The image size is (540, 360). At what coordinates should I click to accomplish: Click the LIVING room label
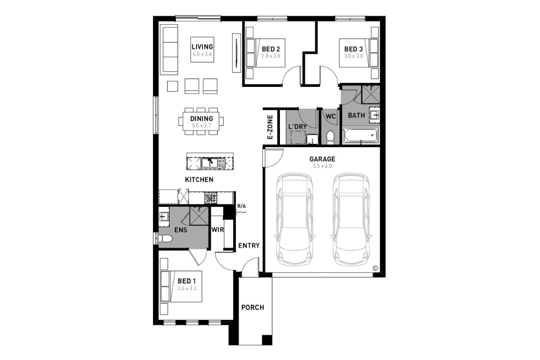[202, 46]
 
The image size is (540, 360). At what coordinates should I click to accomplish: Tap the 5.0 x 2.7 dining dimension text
[202, 126]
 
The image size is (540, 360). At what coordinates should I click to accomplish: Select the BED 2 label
[271, 49]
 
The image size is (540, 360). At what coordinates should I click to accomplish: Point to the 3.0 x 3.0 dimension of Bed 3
[353, 56]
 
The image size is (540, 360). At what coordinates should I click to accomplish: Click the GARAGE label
[322, 159]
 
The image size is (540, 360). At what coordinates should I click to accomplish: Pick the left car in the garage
[295, 220]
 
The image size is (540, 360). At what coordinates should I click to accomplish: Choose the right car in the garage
[351, 220]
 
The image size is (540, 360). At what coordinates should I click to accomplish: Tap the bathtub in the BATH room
[360, 135]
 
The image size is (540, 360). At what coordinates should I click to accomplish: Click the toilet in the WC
[330, 138]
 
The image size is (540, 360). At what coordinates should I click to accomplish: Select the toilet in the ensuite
[166, 239]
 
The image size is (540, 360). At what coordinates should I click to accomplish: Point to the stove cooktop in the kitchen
[211, 198]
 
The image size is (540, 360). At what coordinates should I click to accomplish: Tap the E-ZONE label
[270, 127]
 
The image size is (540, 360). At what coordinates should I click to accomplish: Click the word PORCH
[252, 307]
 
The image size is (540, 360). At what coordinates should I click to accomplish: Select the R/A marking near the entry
[241, 206]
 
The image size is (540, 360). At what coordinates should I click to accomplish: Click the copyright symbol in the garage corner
[375, 268]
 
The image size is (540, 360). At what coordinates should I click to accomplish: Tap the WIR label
[217, 230]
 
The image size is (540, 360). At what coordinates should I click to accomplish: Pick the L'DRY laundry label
[297, 126]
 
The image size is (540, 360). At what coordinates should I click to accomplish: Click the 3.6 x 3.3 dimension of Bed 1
[187, 288]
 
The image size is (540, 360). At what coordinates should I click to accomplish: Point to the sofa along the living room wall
[171, 49]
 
